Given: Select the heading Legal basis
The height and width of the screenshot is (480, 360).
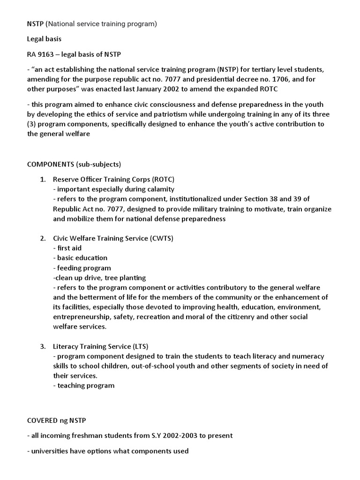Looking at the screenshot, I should point(45,39).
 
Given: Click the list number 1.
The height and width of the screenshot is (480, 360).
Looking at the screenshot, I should point(42,180).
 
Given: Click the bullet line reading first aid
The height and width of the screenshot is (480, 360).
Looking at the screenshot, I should point(67,248).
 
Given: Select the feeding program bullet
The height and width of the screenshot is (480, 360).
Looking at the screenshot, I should point(82,268).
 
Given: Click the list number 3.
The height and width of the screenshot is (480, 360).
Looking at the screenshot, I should point(42,346).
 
